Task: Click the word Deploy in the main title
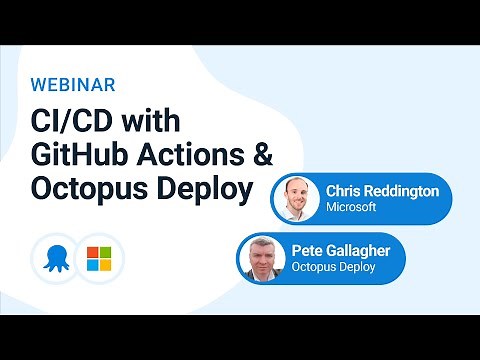[203, 189]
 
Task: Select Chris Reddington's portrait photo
[296, 198]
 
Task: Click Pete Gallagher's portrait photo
[263, 259]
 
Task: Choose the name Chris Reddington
[382, 191]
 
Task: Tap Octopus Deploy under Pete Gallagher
[332, 269]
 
